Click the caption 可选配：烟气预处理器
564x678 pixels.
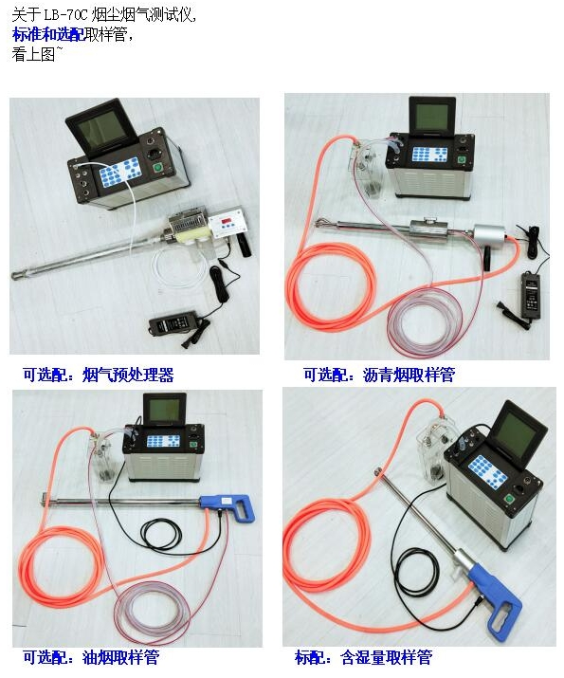pos(99,375)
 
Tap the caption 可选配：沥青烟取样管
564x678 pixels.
pos(379,375)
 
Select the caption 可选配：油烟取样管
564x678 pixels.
pos(91,657)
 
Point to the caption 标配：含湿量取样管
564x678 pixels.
pos(363,657)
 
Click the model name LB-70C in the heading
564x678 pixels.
pos(65,15)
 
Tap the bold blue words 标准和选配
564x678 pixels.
pos(48,34)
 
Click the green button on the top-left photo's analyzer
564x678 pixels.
pos(158,167)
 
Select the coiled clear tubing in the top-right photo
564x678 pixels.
pos(425,320)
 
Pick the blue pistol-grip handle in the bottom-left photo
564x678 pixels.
pos(228,506)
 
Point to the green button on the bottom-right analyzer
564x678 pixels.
pos(510,499)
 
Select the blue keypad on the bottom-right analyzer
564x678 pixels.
pos(487,472)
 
